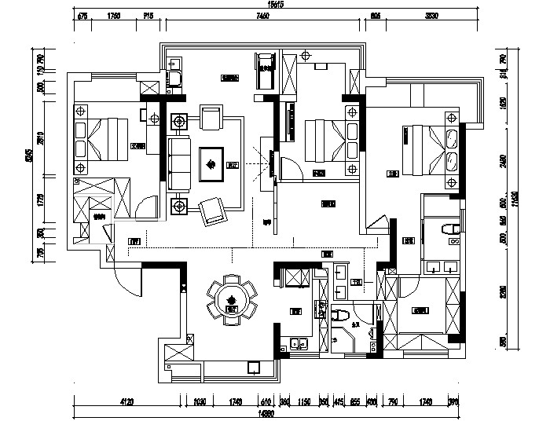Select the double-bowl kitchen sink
point(298,343)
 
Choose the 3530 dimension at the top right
point(431,15)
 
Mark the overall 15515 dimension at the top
point(275,5)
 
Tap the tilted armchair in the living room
point(212,210)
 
